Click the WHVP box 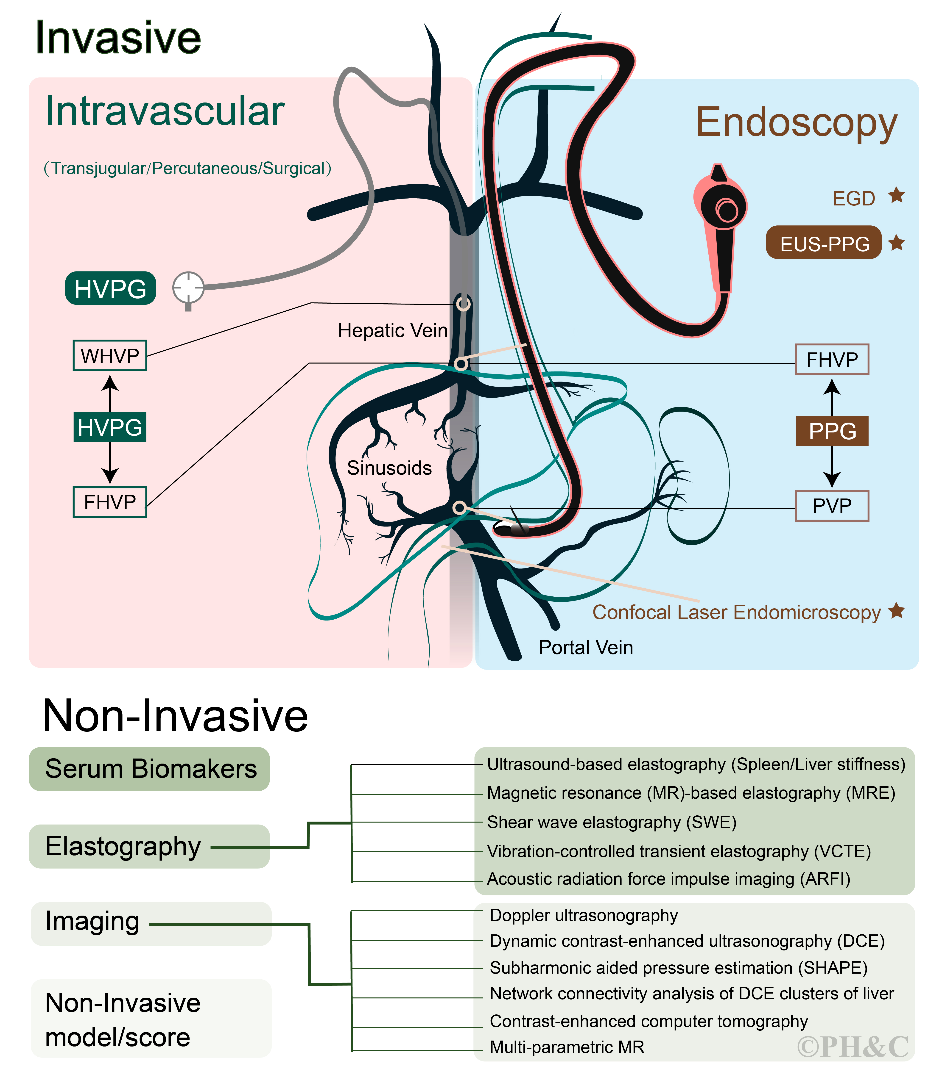(110, 356)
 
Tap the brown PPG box (832, 431)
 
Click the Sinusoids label (389, 468)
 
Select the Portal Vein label (586, 647)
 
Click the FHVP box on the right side (832, 359)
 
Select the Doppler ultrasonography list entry (584, 915)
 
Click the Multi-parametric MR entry (567, 1047)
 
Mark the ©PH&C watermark (853, 1047)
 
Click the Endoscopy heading (796, 122)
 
